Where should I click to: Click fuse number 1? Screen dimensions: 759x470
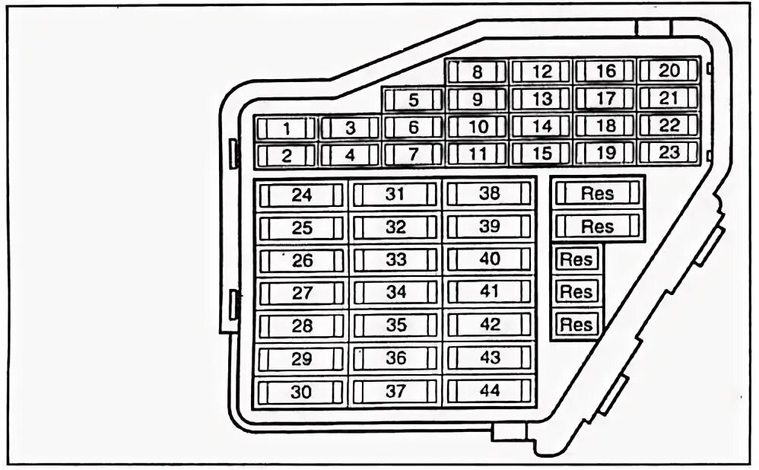(x=286, y=129)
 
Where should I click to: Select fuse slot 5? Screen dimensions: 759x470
(x=413, y=100)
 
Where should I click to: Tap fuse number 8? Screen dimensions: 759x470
(x=477, y=73)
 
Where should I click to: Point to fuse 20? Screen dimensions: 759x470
(x=668, y=71)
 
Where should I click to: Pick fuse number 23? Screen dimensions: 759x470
(x=668, y=153)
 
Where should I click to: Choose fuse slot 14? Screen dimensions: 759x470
(x=541, y=127)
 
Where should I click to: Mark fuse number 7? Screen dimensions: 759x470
(x=413, y=155)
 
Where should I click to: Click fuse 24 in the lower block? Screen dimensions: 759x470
(x=301, y=195)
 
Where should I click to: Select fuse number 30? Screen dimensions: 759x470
(x=301, y=392)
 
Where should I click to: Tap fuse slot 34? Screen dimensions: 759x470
(x=395, y=292)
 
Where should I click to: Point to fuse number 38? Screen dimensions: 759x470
(x=490, y=194)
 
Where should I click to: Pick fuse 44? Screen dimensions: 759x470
(x=490, y=392)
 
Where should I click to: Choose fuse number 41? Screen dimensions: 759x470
(x=490, y=291)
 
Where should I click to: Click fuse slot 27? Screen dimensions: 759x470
(x=301, y=294)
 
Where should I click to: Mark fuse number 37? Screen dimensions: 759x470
(x=395, y=392)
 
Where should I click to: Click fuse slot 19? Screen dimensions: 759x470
(x=605, y=154)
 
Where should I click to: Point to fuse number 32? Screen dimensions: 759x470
(x=395, y=227)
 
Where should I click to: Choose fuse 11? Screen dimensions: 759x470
(x=477, y=154)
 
